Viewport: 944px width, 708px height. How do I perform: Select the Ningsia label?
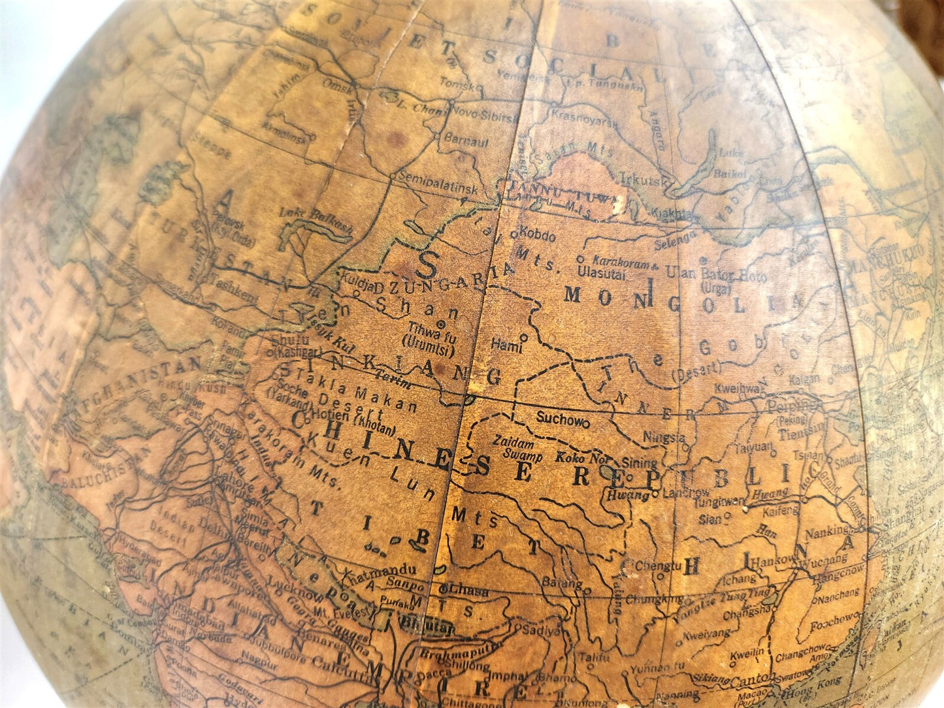pos(664,437)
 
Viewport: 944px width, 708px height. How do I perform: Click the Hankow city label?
pos(775,561)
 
